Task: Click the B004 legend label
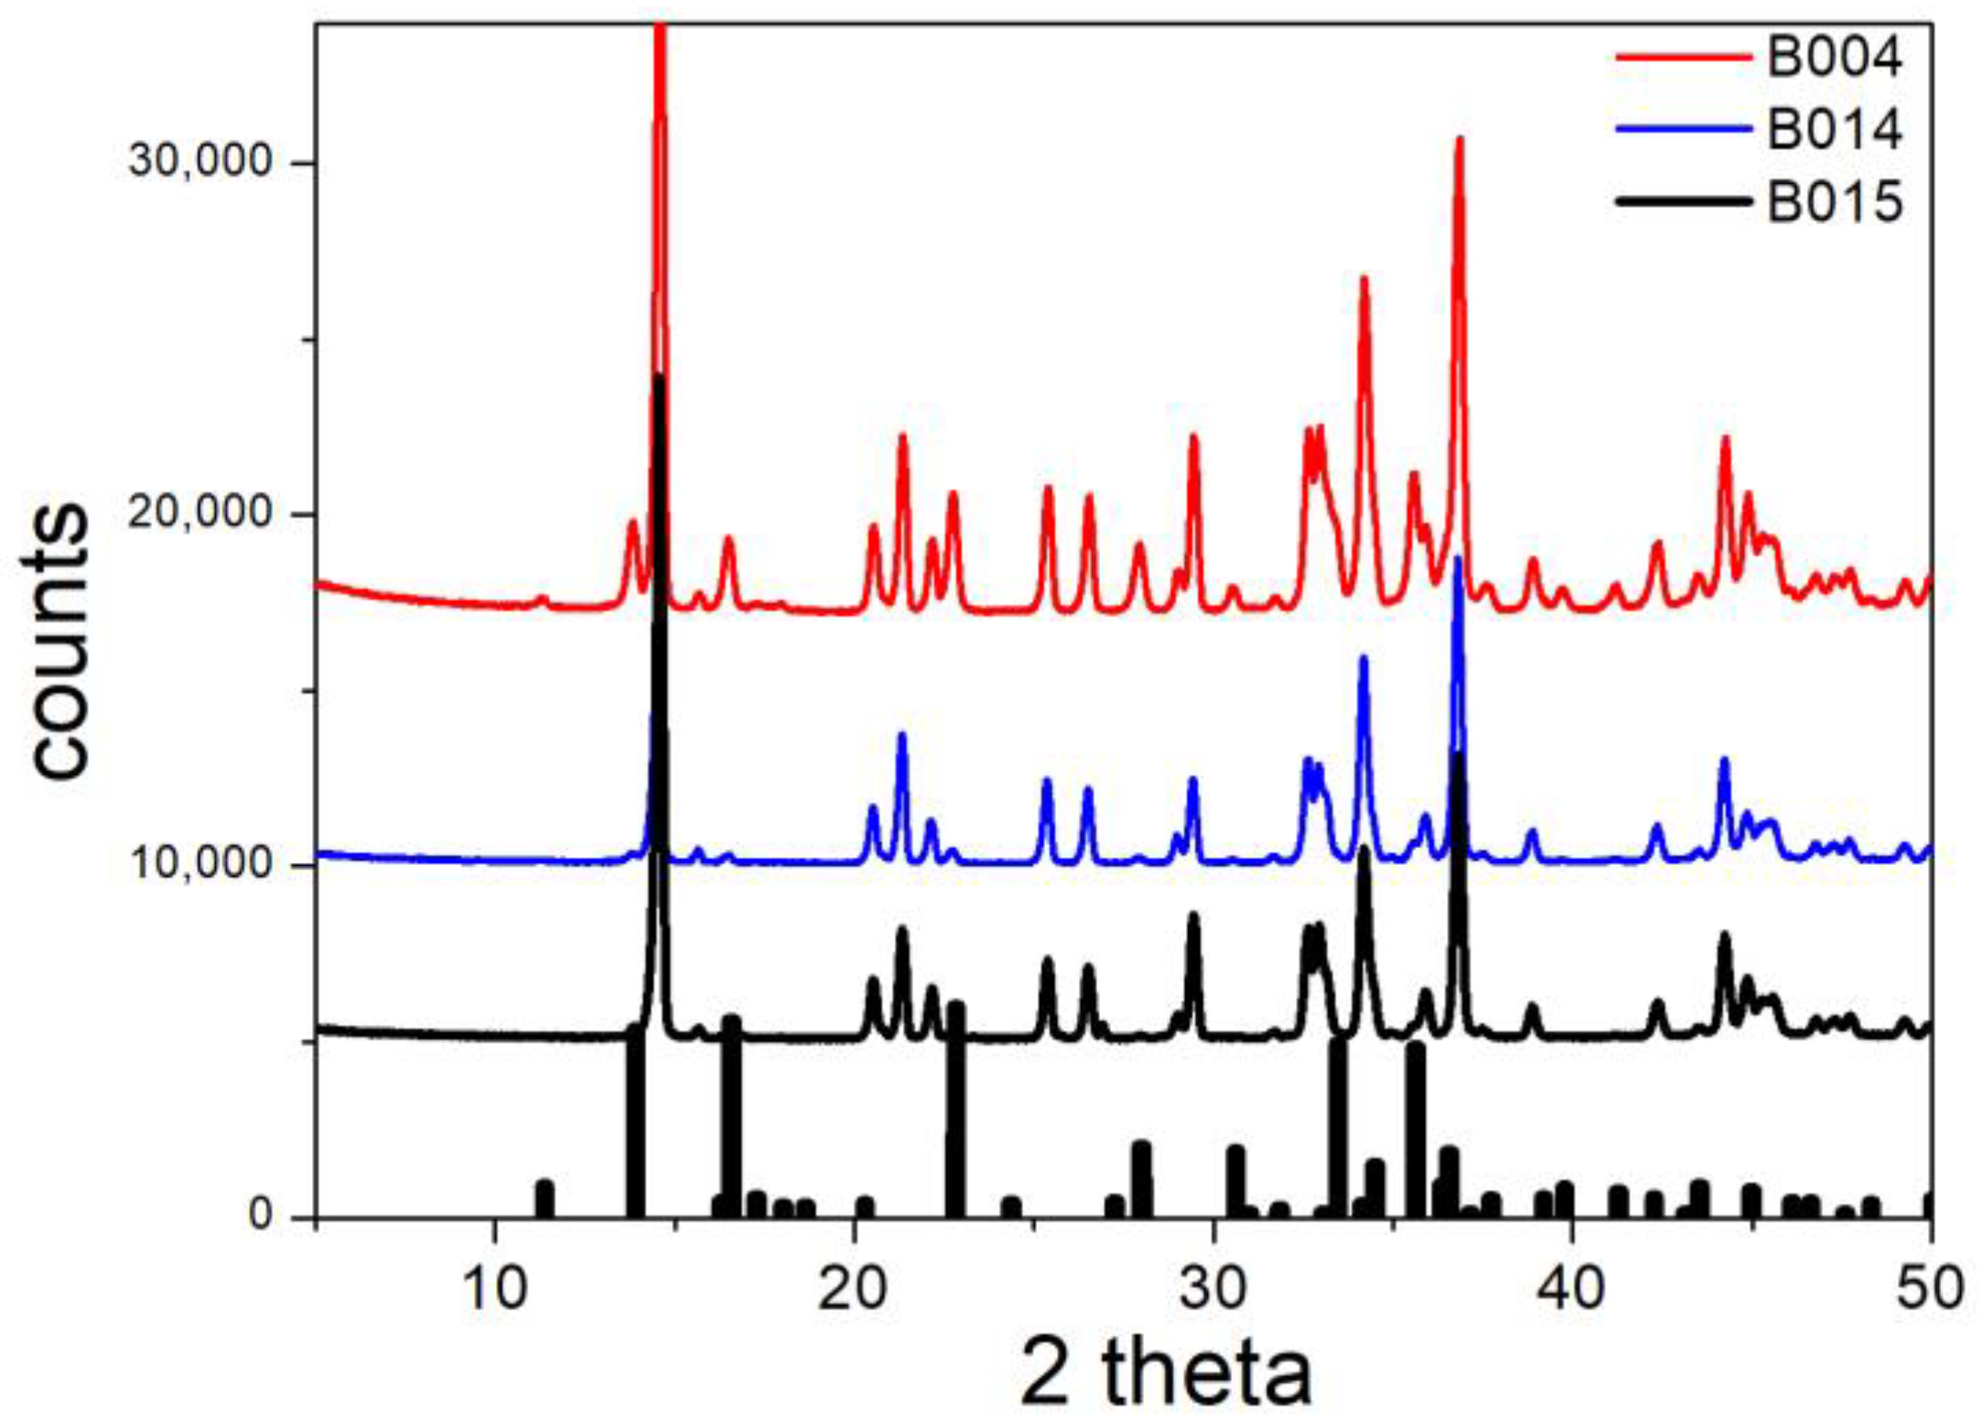point(1834,58)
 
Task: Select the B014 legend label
point(1834,129)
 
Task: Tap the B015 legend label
point(1834,200)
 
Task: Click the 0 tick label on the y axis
point(262,1215)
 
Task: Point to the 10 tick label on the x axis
point(495,1287)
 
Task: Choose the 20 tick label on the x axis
point(854,1287)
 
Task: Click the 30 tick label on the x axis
point(1213,1287)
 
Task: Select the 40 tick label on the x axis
point(1572,1287)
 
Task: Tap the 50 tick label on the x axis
point(1929,1287)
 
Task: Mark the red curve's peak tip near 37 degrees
point(1460,140)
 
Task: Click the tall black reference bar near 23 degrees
point(955,1112)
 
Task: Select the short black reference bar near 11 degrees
point(545,1199)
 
